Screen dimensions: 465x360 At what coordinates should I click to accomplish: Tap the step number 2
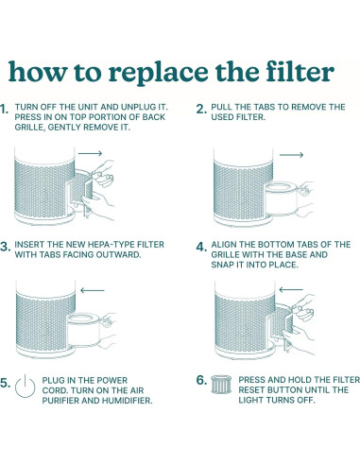click(x=200, y=110)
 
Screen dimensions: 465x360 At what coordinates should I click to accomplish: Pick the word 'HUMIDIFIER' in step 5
click(x=126, y=400)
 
